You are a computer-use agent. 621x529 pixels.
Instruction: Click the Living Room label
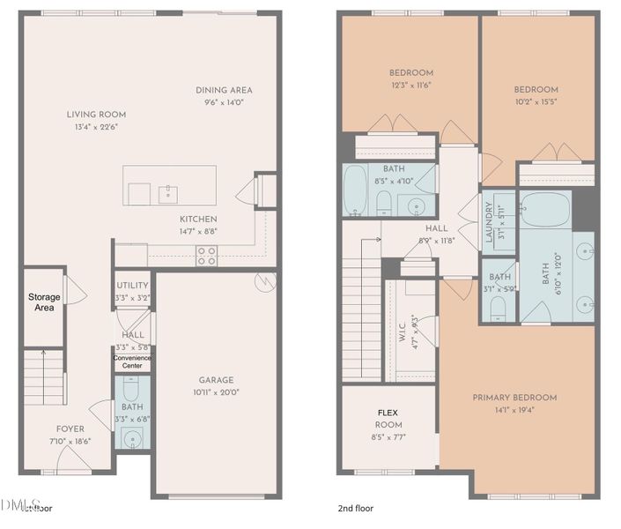point(96,115)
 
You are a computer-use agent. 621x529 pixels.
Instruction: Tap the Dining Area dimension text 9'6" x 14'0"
point(224,102)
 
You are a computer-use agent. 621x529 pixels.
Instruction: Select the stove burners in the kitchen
point(206,256)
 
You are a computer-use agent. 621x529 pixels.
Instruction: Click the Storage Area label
point(44,302)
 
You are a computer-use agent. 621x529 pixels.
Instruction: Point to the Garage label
point(216,380)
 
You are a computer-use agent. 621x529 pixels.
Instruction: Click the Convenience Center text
point(132,361)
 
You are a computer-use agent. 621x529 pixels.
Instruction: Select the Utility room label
point(132,286)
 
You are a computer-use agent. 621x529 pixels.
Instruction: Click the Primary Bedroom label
point(514,398)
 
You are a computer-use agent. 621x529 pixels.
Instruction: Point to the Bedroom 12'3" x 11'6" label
point(410,72)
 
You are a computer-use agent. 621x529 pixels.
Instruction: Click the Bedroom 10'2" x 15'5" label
point(536,89)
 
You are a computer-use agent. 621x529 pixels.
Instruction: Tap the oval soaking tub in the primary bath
point(545,211)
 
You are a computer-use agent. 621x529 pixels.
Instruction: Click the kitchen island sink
point(167,191)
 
